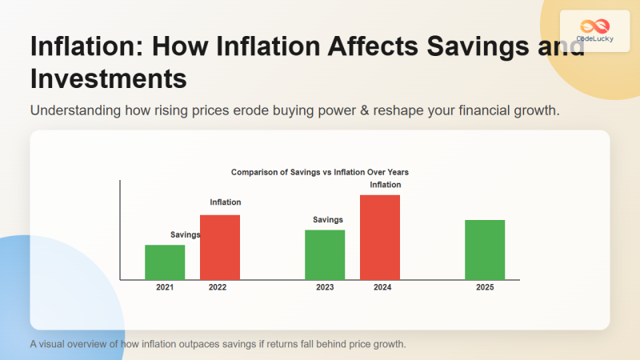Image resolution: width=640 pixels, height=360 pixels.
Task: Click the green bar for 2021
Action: click(x=165, y=262)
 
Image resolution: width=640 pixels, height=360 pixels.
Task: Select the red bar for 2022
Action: click(x=220, y=247)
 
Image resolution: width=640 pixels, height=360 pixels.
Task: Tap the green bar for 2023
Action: click(x=325, y=254)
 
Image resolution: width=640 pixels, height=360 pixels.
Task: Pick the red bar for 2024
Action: click(x=380, y=237)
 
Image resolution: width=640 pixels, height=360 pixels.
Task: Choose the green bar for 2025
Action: click(x=485, y=250)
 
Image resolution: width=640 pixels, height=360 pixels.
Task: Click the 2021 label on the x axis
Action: click(x=165, y=287)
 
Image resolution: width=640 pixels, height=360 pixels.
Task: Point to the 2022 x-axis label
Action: click(x=218, y=287)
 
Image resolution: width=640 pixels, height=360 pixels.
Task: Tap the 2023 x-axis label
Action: click(x=325, y=287)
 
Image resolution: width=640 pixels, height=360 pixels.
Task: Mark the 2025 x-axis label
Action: click(x=485, y=287)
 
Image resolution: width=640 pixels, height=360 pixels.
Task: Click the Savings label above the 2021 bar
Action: click(x=186, y=234)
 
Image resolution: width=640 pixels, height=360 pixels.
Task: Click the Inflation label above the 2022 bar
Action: click(x=226, y=202)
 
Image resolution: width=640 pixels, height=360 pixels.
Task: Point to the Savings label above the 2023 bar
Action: click(x=328, y=219)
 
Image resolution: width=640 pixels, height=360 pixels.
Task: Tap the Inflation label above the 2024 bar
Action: click(x=386, y=185)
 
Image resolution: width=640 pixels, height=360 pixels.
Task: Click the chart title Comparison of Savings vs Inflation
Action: click(x=320, y=172)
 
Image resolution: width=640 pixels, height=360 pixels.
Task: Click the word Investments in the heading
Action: click(x=108, y=79)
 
